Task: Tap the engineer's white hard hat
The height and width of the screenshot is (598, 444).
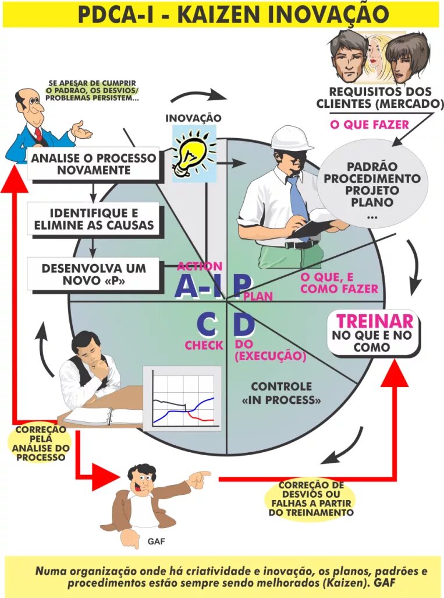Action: (x=292, y=138)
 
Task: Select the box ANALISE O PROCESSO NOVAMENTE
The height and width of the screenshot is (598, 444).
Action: (x=94, y=164)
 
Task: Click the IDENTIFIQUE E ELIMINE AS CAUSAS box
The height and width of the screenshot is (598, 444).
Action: (x=94, y=218)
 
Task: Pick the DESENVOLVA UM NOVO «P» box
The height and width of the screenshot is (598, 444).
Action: (x=94, y=275)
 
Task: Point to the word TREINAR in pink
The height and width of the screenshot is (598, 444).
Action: (x=375, y=321)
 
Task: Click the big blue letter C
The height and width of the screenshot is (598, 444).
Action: (x=208, y=324)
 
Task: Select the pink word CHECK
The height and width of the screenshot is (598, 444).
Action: (x=204, y=345)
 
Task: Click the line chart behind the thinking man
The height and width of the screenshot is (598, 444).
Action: (x=182, y=399)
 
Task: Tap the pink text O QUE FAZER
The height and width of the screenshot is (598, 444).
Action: (x=369, y=124)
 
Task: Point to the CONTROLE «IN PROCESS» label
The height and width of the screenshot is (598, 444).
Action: (x=281, y=393)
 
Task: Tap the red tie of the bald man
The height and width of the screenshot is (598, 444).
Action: (x=38, y=136)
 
